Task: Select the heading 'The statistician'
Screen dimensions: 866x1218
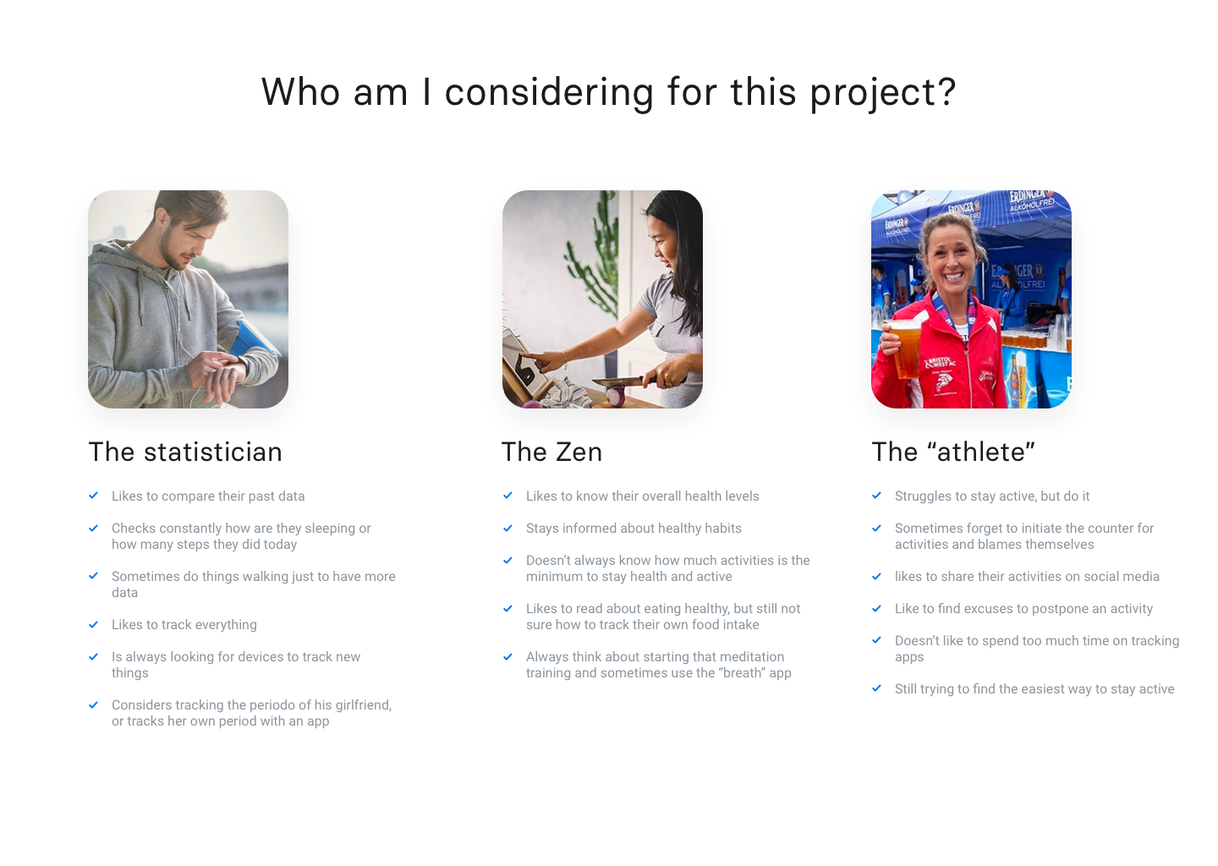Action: point(185,452)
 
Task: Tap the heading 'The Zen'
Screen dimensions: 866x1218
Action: point(551,452)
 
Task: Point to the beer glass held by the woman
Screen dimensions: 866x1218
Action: point(903,347)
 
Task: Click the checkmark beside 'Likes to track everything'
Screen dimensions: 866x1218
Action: point(94,624)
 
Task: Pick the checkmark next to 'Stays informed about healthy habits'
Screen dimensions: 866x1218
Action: point(508,528)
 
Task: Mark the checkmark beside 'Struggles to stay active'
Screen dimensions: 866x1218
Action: point(877,496)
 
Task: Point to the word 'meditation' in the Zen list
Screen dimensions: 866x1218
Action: point(750,657)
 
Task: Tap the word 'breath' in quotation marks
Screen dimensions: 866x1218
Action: point(743,673)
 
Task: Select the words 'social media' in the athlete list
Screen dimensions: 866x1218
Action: point(1122,577)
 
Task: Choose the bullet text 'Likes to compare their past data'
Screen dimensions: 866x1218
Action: point(208,496)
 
